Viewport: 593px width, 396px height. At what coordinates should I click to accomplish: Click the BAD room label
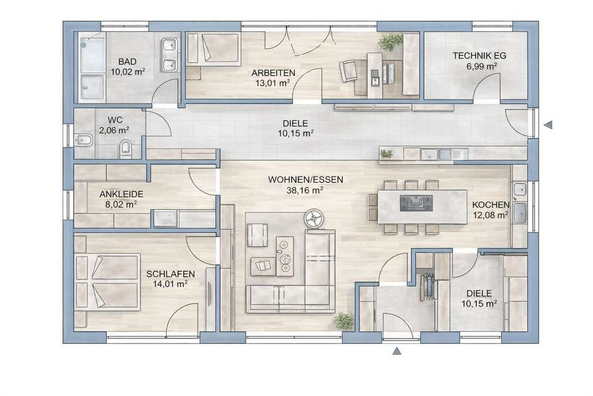(x=127, y=61)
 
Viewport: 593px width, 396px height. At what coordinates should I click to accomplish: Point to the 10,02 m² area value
(x=127, y=72)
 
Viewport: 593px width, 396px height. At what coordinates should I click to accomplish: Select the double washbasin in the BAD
(x=169, y=56)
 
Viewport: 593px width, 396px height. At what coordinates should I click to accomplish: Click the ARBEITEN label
(x=273, y=73)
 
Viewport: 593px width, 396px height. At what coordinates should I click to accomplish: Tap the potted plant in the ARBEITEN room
(x=390, y=42)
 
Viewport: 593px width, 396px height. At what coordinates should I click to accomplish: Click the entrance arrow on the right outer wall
(x=548, y=123)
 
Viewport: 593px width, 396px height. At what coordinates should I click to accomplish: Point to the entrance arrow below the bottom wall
(x=397, y=351)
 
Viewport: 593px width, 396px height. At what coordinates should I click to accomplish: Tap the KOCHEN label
(x=490, y=205)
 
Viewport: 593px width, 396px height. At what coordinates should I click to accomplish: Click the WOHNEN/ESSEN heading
(x=305, y=180)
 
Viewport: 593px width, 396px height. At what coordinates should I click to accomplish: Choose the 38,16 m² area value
(x=305, y=190)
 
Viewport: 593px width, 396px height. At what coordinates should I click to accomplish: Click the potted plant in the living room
(x=345, y=319)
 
